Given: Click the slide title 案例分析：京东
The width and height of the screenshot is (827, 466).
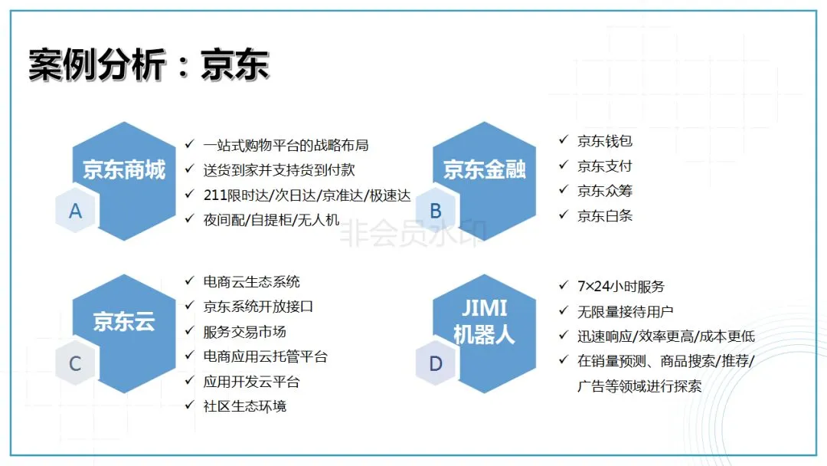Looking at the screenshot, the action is pos(149,65).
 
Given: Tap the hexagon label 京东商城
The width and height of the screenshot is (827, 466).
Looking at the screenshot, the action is pos(124,169).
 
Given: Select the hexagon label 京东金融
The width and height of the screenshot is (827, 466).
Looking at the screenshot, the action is pos(485,169).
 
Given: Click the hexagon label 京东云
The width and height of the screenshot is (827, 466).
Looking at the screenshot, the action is pos(124,321).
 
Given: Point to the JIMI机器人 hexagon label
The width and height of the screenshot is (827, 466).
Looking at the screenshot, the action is pos(484,321).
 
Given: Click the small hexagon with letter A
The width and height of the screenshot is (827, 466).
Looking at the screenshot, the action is pos(75,211).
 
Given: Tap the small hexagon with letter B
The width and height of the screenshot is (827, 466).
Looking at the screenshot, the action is pos(436,211).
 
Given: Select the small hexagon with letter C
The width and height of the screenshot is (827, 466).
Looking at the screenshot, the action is pos(75,363).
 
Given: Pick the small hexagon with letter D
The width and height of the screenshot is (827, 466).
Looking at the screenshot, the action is pos(436,363).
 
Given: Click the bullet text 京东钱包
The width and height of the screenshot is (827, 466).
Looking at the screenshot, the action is pos(605,141).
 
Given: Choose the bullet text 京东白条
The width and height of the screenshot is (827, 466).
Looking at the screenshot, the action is pos(605,215).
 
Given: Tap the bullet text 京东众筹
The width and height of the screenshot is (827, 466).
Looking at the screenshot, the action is pos(605,191).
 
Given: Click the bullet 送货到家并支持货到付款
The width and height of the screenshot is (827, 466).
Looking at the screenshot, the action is pos(279,169).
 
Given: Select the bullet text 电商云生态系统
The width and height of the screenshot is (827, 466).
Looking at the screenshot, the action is pos(252,282).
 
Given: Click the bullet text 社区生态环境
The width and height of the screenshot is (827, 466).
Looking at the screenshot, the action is pos(245,406).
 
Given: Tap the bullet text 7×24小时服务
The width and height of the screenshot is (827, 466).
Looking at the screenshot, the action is pos(621,287).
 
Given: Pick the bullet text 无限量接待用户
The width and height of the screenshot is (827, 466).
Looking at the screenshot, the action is pos(626,311).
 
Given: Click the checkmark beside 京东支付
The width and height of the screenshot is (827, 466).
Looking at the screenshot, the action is pos(563,166).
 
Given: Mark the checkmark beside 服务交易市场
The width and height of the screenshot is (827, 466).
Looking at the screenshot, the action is pos(189,331).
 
